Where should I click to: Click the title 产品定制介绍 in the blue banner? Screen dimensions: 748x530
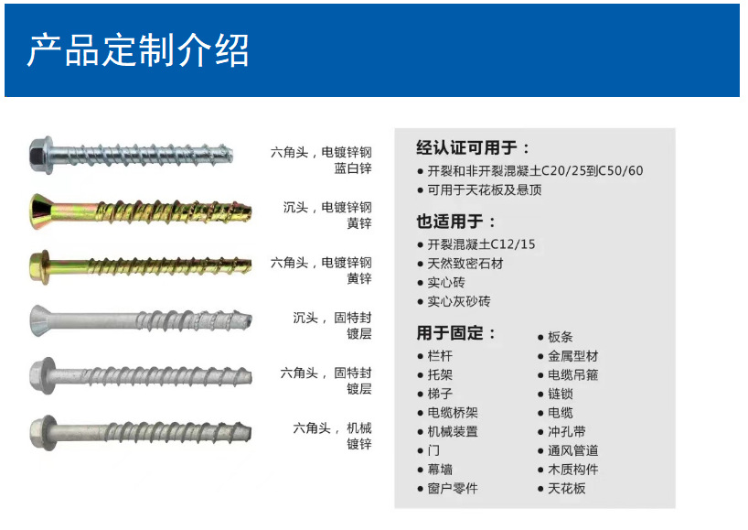pyautogui.click(x=138, y=50)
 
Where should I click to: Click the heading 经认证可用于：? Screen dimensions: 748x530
pyautogui.click(x=474, y=147)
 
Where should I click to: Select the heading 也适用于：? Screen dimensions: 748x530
pyautogui.click(x=456, y=221)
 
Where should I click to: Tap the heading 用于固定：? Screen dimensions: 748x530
pyautogui.click(x=456, y=332)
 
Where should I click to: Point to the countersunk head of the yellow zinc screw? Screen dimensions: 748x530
pyautogui.click(x=44, y=210)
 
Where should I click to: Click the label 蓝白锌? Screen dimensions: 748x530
pyautogui.click(x=352, y=168)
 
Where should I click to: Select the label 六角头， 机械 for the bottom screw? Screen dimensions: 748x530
pyautogui.click(x=332, y=427)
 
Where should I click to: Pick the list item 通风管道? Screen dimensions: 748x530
pyautogui.click(x=572, y=450)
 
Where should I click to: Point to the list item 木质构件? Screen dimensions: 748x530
pyautogui.click(x=572, y=470)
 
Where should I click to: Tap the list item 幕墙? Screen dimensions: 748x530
pyautogui.click(x=440, y=470)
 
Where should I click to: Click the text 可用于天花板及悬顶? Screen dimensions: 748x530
pyautogui.click(x=484, y=189)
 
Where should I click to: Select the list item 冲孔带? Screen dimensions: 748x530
pyautogui.click(x=566, y=431)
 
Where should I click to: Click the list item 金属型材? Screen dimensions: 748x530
pyautogui.click(x=572, y=356)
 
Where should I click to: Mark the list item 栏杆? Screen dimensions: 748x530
pyautogui.click(x=440, y=356)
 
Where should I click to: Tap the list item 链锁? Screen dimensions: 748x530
pyautogui.click(x=560, y=394)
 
